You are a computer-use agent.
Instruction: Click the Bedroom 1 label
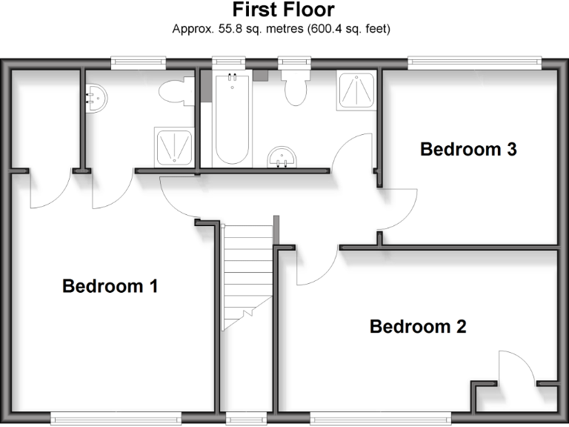click(x=110, y=285)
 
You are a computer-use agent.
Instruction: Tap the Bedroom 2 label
click(x=418, y=326)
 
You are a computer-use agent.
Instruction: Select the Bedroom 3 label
click(x=468, y=149)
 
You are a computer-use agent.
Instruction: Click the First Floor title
click(x=284, y=10)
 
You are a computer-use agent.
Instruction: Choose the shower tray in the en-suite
click(x=175, y=146)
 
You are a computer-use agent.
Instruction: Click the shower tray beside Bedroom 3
click(x=356, y=90)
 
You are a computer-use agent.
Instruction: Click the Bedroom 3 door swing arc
click(x=399, y=209)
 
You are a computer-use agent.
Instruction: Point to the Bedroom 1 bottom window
click(x=116, y=420)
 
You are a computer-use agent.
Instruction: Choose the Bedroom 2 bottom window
click(x=380, y=420)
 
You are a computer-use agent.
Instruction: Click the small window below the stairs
click(x=237, y=420)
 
